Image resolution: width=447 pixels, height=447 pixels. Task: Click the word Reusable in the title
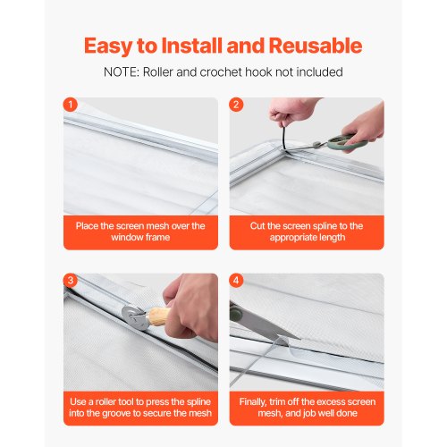coord(316,46)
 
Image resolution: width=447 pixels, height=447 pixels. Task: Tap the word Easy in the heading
coord(108,46)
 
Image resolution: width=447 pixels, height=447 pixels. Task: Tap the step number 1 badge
coord(71,105)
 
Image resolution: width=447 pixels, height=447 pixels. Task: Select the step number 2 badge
coord(236,105)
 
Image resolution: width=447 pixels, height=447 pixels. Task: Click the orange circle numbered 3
coord(71,281)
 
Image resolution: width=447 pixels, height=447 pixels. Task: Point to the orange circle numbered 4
coord(236,281)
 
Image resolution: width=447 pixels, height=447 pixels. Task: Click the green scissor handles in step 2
coord(346,142)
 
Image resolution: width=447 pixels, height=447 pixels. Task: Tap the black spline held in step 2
coord(284,139)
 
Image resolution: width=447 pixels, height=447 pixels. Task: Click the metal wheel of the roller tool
coord(135,318)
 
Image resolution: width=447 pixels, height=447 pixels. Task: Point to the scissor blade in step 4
coord(266,324)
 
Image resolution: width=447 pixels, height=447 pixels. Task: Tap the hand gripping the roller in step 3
coord(190,307)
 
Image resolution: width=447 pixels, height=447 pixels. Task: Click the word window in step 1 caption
coord(123,238)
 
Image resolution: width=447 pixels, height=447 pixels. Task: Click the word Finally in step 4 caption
coord(253,402)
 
